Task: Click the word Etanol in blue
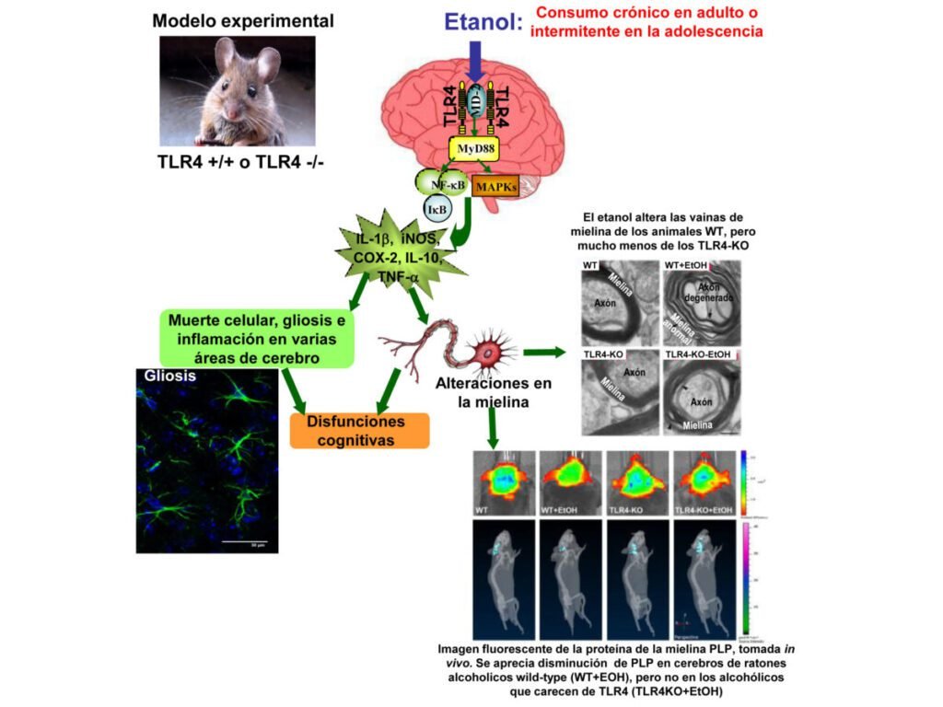483,22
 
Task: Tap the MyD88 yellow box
473,148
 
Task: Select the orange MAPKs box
495,187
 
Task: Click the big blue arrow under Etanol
475,63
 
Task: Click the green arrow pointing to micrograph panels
543,352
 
